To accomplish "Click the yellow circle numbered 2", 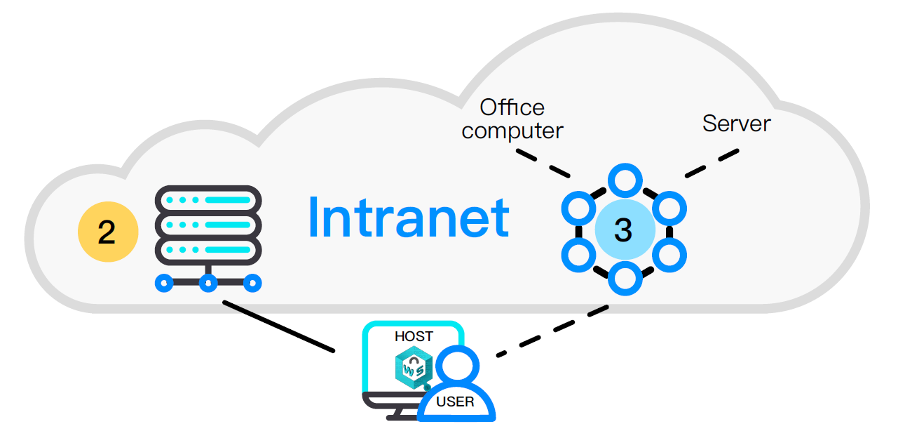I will click(x=107, y=232).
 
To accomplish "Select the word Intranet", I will click(x=408, y=217).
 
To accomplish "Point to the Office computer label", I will click(x=512, y=119).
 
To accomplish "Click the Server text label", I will click(x=736, y=124).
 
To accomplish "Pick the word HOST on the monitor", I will click(x=414, y=336).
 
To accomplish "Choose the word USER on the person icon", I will click(x=455, y=402).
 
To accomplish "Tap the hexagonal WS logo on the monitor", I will click(x=411, y=368).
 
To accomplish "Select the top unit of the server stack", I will click(x=207, y=199).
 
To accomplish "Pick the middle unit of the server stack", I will click(x=207, y=225).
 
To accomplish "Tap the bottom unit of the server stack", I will click(x=207, y=249).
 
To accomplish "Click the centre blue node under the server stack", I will click(x=207, y=284).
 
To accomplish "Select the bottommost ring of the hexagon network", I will click(x=624, y=279).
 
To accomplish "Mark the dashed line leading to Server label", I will click(x=712, y=163).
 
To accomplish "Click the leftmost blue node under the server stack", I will click(x=164, y=284).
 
